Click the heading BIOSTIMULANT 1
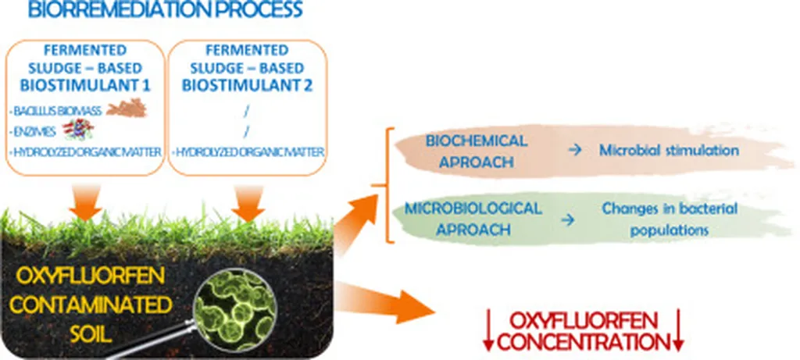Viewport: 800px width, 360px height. [x=87, y=86]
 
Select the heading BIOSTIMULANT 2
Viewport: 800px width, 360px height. [x=247, y=86]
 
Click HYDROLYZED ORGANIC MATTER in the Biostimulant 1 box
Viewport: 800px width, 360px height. [x=86, y=150]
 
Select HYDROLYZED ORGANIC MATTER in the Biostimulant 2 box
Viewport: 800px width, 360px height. [x=247, y=150]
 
